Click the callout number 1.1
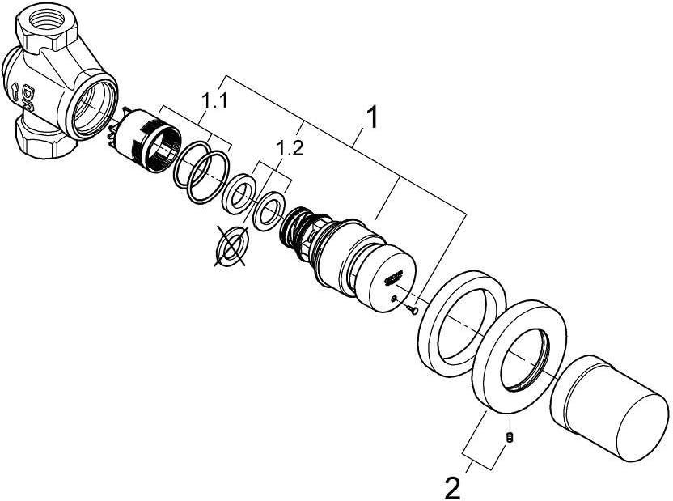(214, 102)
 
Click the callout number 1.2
(290, 149)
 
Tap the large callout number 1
(372, 117)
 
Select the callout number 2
(452, 488)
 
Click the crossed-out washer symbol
(232, 245)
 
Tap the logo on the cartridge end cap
(392, 277)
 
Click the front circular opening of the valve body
(91, 106)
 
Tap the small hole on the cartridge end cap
(394, 299)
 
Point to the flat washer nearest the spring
(269, 210)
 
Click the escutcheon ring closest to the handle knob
(519, 356)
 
